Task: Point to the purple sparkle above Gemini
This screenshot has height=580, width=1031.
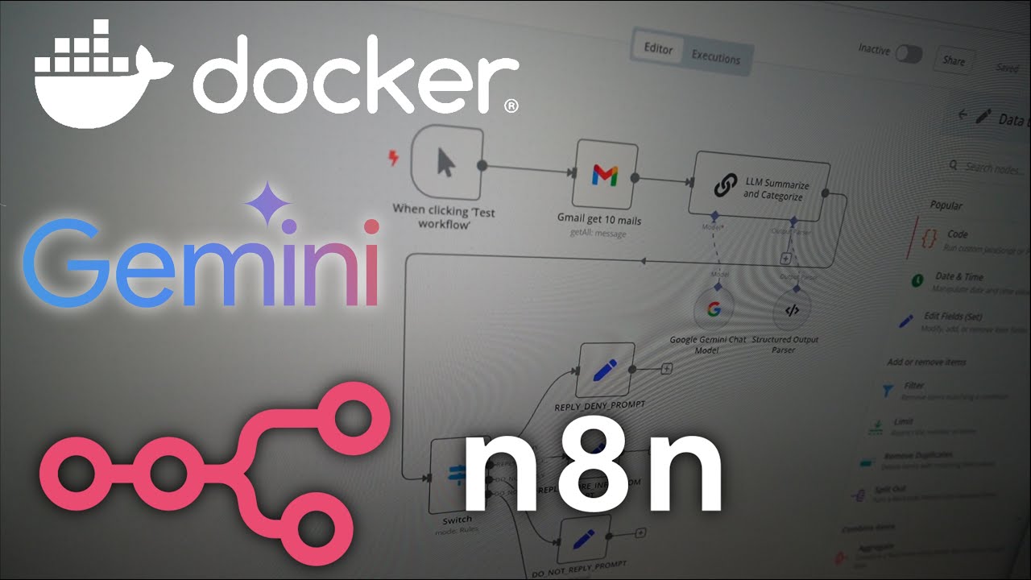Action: (268, 204)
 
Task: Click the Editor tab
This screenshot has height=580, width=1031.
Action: (658, 48)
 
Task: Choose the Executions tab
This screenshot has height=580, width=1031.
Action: (715, 58)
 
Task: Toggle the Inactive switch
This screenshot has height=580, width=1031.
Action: (909, 54)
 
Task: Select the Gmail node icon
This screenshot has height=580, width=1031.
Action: (605, 175)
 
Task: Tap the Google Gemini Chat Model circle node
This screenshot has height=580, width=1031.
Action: (713, 309)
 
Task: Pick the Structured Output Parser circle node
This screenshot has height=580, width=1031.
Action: (792, 309)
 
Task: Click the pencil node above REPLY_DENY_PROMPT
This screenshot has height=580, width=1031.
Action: (605, 371)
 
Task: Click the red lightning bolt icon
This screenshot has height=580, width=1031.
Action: (394, 158)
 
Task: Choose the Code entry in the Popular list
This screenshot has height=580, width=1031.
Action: (957, 234)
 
